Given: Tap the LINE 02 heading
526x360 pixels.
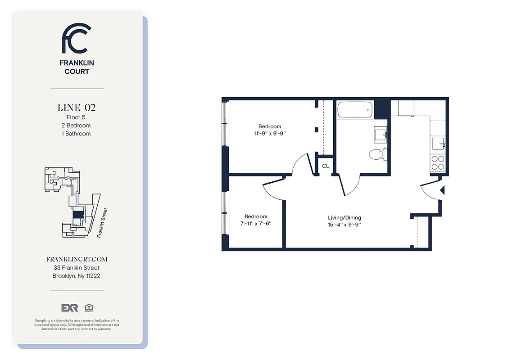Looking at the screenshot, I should (x=77, y=108).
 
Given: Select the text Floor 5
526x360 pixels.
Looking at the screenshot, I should (x=76, y=117).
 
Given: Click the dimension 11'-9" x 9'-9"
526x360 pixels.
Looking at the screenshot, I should (x=269, y=134).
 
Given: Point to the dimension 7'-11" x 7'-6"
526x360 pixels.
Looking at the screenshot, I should (x=256, y=224).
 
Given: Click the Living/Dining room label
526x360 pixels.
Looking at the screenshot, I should (x=345, y=218).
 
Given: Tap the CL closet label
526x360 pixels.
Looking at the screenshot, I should (x=325, y=166).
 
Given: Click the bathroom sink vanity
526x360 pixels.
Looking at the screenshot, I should (x=381, y=134).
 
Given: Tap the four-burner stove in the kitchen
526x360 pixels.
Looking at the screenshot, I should (x=437, y=162).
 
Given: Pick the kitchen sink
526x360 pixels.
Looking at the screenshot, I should (x=438, y=144).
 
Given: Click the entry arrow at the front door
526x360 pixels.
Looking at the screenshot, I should (x=442, y=190).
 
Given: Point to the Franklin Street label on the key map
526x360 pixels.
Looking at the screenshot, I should (x=103, y=222).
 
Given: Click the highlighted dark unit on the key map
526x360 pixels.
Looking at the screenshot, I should (x=78, y=215).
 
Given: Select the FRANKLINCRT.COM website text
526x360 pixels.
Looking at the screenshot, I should (x=77, y=259).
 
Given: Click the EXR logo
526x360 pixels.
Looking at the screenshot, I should (x=70, y=308).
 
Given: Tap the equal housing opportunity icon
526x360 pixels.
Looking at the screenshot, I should (x=87, y=308).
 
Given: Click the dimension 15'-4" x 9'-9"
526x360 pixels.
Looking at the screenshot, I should (x=345, y=225).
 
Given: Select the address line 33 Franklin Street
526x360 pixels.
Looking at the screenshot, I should (x=77, y=268).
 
